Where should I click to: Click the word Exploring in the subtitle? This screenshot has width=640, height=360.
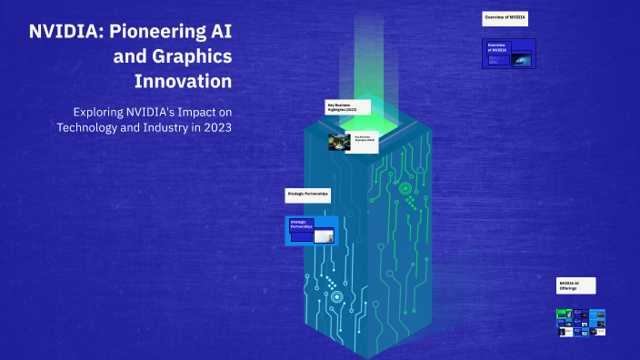pyautogui.click(x=104, y=111)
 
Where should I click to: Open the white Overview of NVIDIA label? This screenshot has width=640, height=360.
pyautogui.click(x=505, y=18)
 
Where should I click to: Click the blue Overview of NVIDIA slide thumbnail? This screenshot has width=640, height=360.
pyautogui.click(x=509, y=53)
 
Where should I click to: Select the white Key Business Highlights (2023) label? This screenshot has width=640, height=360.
pyautogui.click(x=350, y=108)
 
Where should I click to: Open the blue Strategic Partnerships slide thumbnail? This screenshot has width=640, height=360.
pyautogui.click(x=312, y=230)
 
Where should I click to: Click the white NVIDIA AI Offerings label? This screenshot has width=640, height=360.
pyautogui.click(x=576, y=286)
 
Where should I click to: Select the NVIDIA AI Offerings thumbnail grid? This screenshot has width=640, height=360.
pyautogui.click(x=581, y=321)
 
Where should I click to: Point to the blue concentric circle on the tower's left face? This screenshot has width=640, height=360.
pyautogui.click(x=336, y=296)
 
